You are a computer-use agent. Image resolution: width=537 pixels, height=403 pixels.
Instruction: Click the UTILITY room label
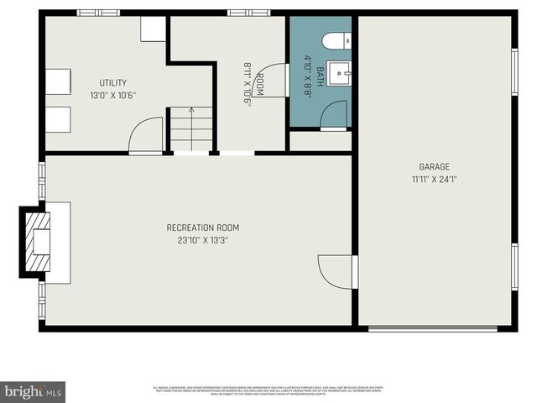113,82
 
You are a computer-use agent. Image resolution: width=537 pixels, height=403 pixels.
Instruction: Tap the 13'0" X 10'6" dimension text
113,95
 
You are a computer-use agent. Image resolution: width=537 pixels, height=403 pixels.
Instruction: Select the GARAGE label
435,166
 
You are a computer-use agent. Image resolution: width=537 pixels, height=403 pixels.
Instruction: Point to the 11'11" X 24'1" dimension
435,179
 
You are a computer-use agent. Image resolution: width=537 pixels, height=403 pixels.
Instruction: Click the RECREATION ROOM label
203,228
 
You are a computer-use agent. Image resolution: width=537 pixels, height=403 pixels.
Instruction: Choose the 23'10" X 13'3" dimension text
203,240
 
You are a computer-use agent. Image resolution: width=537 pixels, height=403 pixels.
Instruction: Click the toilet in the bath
337,40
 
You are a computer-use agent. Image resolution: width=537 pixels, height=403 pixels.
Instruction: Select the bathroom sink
340,73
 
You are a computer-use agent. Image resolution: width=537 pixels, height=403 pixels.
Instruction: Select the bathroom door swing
334,115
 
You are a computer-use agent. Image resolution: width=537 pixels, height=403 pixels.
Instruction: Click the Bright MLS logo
34,391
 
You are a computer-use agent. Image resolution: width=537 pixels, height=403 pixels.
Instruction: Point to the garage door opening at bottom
439,329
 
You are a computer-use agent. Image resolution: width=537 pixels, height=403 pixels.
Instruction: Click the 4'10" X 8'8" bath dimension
308,76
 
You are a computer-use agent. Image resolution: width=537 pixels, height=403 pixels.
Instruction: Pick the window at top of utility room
97,13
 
